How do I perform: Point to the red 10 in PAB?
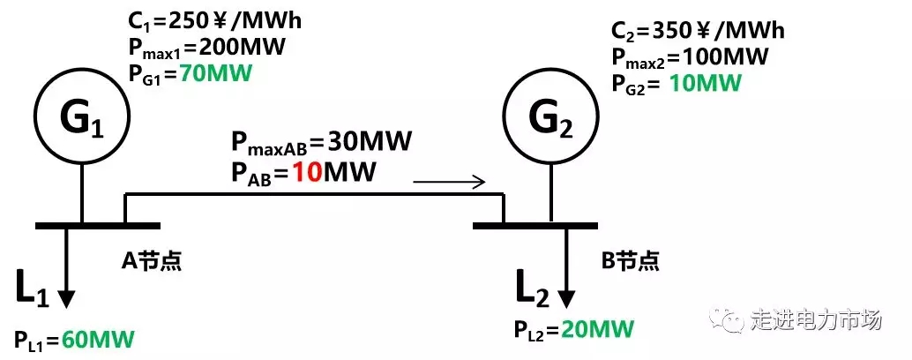309,169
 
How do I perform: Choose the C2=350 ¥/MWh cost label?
698,32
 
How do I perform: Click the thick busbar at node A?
98,225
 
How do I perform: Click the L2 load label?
534,288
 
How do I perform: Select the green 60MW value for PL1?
99,340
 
